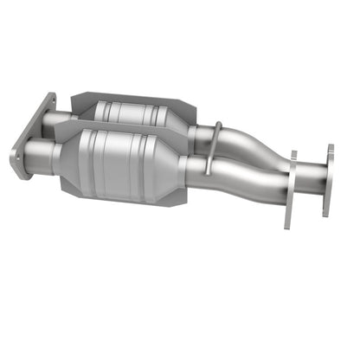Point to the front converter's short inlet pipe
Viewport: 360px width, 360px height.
(x=38, y=155)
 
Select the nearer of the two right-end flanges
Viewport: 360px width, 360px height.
(x=290, y=190)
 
